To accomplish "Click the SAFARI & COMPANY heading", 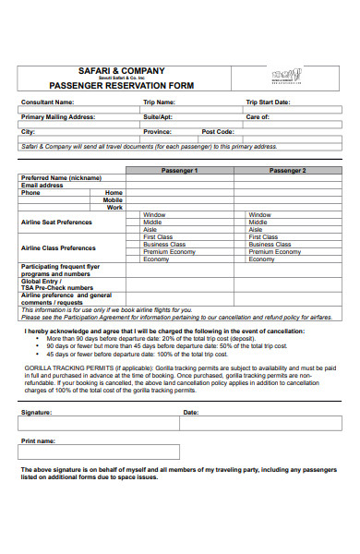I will [x=134, y=70].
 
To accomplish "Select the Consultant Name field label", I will [x=48, y=102].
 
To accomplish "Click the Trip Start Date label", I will [x=268, y=102].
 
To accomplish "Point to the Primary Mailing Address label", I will [x=58, y=117].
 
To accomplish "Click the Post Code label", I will [x=218, y=132].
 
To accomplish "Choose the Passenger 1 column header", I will [x=180, y=171].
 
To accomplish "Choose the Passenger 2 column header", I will [x=287, y=171].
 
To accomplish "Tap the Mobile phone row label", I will [x=113, y=199].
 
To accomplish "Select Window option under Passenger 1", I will [x=154, y=214].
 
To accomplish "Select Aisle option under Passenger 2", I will [x=259, y=229].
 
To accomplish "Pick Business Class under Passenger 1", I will [x=163, y=244].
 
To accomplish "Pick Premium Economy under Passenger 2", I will [x=275, y=251].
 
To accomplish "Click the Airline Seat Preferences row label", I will [x=56, y=222].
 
